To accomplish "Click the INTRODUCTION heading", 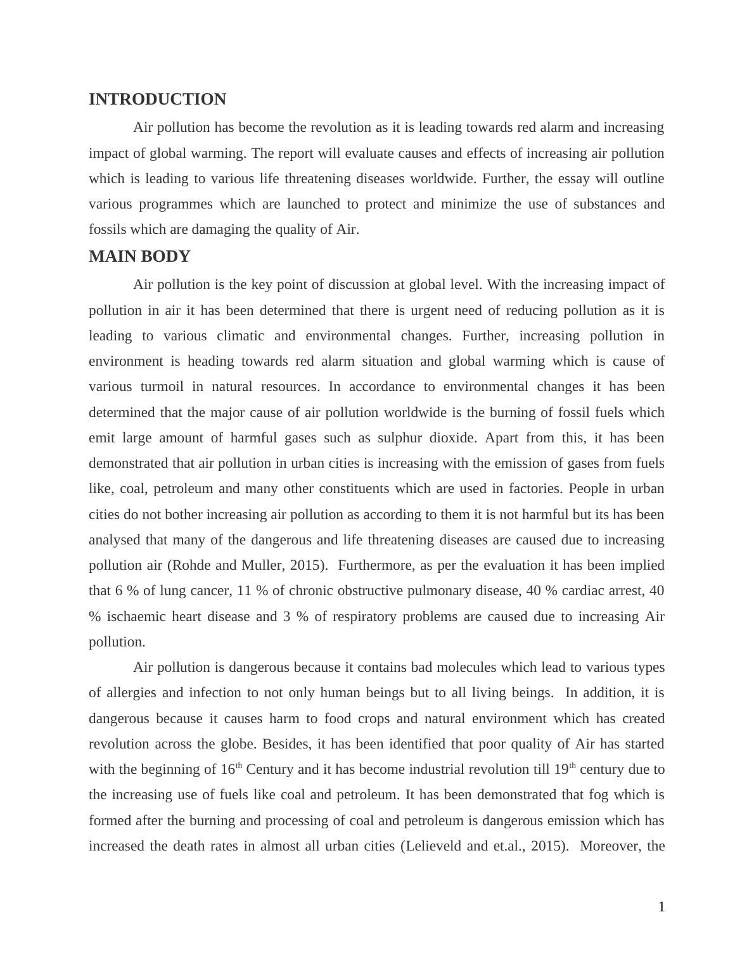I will point(157,100).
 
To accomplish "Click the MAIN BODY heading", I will point(139,257).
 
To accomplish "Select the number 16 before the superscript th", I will point(227,769).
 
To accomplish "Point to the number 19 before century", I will point(561,769).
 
